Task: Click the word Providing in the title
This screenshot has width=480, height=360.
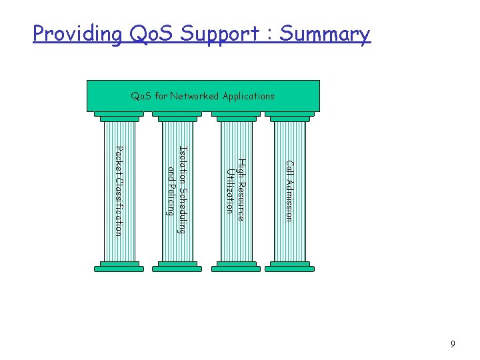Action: click(77, 33)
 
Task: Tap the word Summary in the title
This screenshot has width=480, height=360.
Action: click(324, 33)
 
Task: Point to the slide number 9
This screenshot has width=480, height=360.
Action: click(453, 344)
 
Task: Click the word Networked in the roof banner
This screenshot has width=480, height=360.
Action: click(194, 96)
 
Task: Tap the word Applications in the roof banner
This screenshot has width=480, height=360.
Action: click(247, 96)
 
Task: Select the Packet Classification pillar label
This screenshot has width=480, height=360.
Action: click(119, 191)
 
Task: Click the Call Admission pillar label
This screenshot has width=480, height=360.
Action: click(289, 191)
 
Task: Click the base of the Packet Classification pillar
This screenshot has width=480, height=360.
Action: click(119, 267)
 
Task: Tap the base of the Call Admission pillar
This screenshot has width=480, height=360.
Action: click(289, 267)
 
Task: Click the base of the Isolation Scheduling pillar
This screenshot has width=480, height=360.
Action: click(176, 267)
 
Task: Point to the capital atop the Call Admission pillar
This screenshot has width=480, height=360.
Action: click(289, 116)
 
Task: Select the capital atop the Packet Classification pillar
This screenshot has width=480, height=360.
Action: click(119, 116)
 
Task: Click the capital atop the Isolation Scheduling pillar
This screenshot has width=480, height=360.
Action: click(176, 116)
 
